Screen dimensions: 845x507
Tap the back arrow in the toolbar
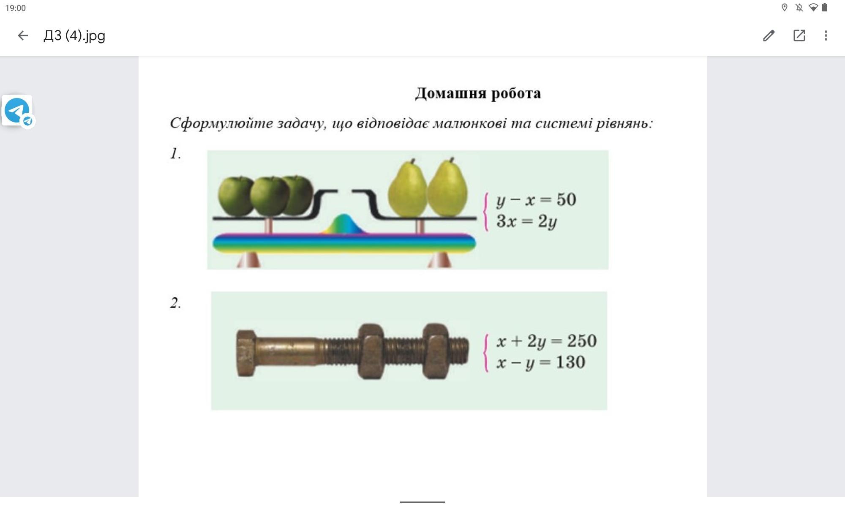(x=23, y=35)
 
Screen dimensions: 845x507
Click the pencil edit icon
(x=769, y=35)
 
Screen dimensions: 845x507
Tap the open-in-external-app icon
(x=799, y=35)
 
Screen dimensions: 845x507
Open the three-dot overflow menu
(x=826, y=35)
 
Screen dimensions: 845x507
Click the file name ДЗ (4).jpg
(x=74, y=35)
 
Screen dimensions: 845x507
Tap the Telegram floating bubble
(x=17, y=110)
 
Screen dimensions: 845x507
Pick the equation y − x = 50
(x=536, y=200)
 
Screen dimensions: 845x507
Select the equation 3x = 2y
(x=526, y=221)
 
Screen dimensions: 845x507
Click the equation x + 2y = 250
(x=546, y=341)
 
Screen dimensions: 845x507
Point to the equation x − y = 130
(x=541, y=363)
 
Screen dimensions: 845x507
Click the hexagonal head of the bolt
(x=245, y=353)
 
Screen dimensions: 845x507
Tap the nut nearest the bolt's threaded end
(x=436, y=351)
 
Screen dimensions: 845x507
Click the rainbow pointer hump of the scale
(x=344, y=224)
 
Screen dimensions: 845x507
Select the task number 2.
(x=175, y=303)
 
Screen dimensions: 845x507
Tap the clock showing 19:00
(x=16, y=8)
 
